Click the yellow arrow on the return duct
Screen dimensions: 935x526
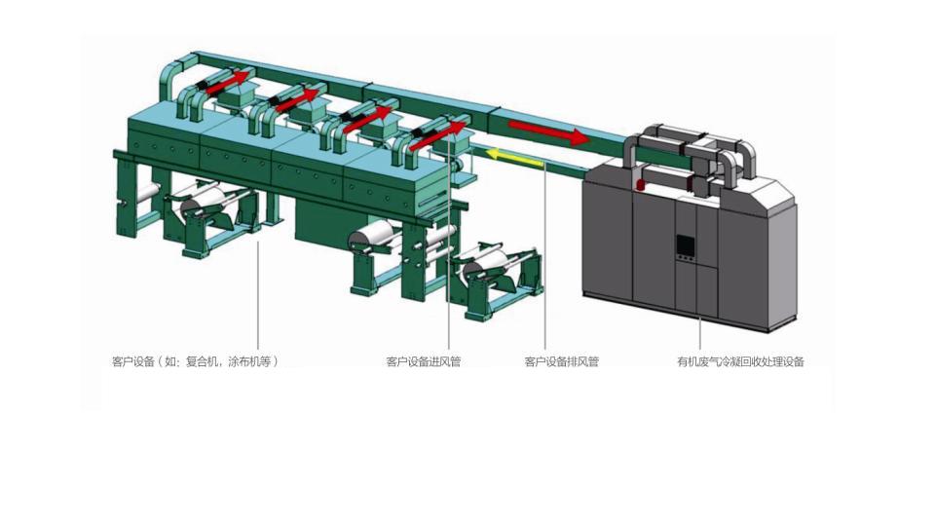click(515, 158)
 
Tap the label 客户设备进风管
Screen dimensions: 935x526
click(424, 361)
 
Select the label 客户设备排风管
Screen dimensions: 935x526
click(562, 361)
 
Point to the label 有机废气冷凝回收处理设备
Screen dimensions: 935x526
click(740, 361)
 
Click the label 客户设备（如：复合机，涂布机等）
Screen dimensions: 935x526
click(195, 361)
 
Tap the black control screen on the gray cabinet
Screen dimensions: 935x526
click(685, 245)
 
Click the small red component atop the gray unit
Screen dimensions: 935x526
click(642, 185)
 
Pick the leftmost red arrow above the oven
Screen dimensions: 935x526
click(228, 84)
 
